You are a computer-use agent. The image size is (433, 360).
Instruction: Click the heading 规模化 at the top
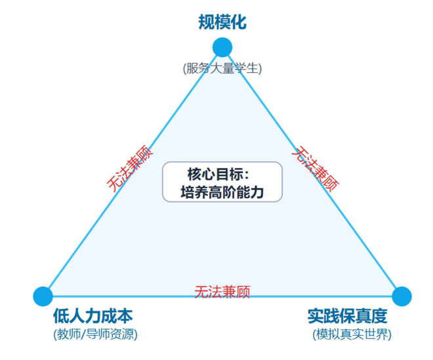tap(222, 22)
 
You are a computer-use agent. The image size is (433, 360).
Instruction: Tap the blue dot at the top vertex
tap(222, 47)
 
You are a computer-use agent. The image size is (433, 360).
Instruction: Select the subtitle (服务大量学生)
tap(222, 68)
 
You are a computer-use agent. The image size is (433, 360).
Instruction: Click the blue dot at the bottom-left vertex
tap(43, 296)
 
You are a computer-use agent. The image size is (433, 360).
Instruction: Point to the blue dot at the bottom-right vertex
tap(402, 296)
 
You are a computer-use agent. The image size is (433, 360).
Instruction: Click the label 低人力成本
tap(93, 316)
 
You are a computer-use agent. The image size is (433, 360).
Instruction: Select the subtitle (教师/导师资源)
tap(95, 334)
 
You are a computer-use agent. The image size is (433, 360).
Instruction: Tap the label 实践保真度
tap(348, 316)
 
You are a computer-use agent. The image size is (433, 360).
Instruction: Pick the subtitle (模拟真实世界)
tap(352, 334)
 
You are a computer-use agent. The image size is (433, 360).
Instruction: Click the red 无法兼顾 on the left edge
tap(130, 169)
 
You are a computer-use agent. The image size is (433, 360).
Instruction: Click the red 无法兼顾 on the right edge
tap(316, 169)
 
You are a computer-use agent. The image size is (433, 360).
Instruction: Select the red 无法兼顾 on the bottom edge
tap(222, 292)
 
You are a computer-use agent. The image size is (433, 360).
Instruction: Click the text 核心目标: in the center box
tap(218, 174)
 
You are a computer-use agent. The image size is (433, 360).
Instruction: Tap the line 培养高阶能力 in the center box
tap(222, 192)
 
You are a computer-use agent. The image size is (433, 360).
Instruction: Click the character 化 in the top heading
tap(239, 22)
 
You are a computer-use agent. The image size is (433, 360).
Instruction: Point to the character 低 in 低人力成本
tap(61, 316)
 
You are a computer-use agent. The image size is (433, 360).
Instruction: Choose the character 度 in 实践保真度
tap(379, 316)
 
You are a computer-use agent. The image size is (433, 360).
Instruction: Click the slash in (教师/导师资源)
tap(83, 334)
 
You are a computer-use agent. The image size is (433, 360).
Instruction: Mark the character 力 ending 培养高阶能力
tap(257, 192)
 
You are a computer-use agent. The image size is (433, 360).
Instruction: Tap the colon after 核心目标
tap(247, 175)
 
